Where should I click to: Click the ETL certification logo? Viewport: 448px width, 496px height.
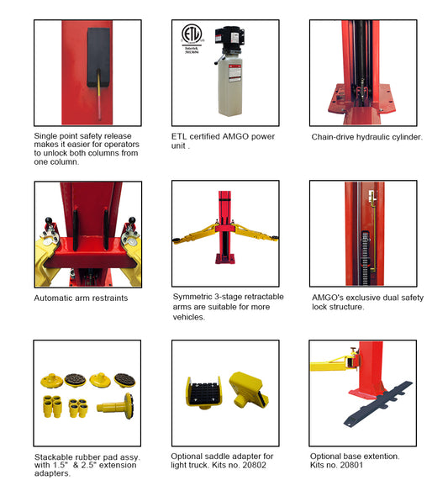[x=192, y=34]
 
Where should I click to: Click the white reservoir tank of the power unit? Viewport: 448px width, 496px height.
[x=230, y=85]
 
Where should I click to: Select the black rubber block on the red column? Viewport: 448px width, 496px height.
[x=98, y=57]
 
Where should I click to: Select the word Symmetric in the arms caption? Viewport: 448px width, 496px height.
[x=192, y=297]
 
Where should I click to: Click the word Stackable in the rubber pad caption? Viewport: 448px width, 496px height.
[x=52, y=457]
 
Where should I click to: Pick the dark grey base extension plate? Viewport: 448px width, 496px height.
[x=378, y=404]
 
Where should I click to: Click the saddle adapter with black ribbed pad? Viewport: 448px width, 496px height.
[x=203, y=393]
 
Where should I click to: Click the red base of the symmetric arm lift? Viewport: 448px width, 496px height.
[x=225, y=258]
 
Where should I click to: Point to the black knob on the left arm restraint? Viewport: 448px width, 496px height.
[x=49, y=220]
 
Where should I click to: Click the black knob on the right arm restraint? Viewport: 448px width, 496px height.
[x=132, y=220]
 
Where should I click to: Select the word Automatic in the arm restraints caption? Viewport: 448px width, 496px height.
[x=51, y=298]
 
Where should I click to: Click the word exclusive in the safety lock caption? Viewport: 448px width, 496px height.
[x=361, y=298]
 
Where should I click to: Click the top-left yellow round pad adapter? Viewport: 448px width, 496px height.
[x=51, y=381]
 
